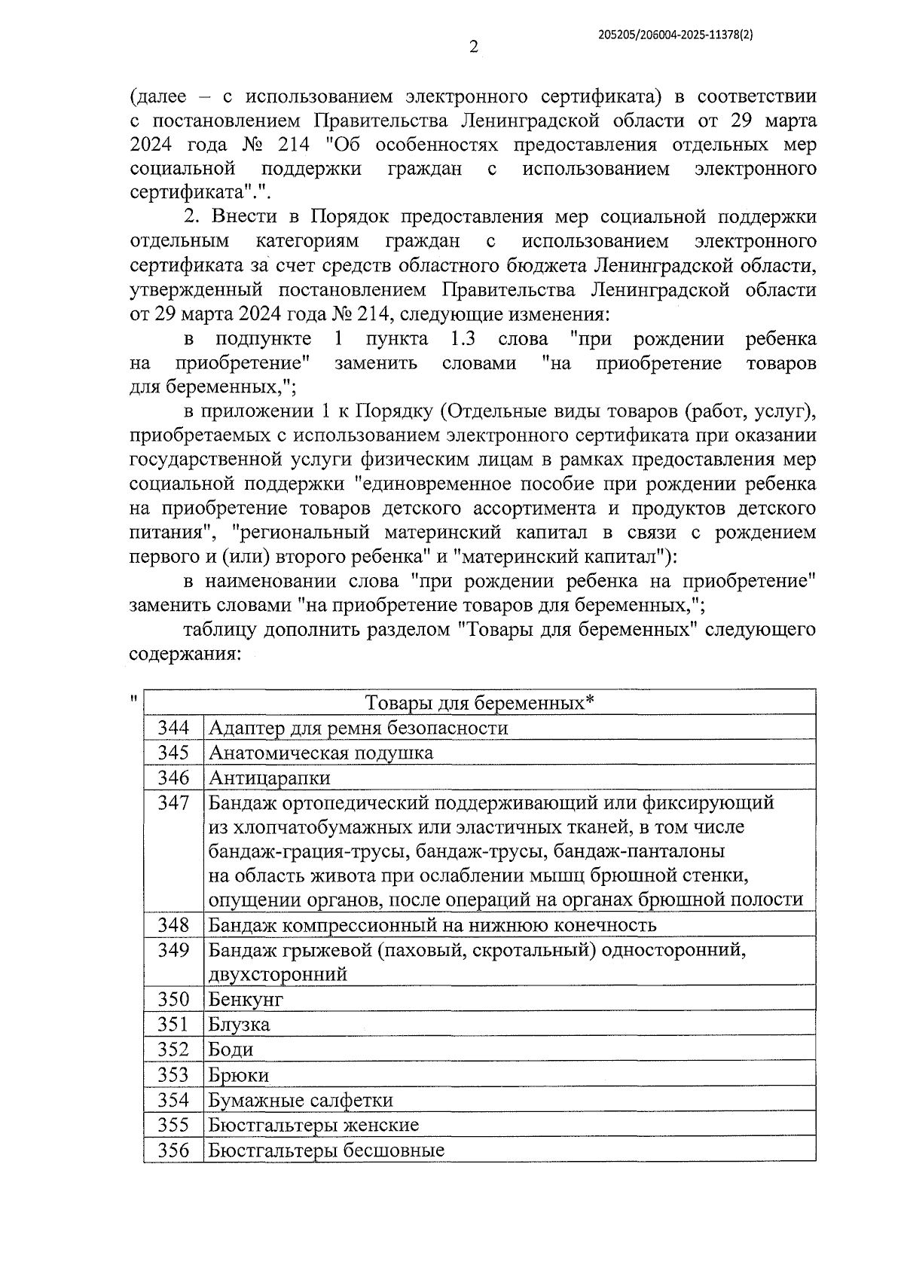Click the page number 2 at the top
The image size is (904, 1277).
(x=474, y=47)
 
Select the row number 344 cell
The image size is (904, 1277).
(x=173, y=728)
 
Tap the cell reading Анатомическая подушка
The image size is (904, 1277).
(x=321, y=753)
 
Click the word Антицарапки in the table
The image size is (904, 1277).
(x=270, y=778)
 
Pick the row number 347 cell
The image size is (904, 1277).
(x=173, y=803)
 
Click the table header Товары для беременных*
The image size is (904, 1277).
(x=480, y=703)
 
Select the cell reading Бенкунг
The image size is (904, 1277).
(x=246, y=999)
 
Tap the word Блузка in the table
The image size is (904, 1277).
(x=239, y=1025)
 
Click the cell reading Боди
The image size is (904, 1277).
(x=231, y=1049)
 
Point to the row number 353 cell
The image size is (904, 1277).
(x=173, y=1075)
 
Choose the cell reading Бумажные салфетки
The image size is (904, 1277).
(x=301, y=1100)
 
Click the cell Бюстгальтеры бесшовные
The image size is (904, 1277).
(x=326, y=1150)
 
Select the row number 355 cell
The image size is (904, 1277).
(x=173, y=1125)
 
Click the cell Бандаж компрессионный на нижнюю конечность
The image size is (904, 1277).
(x=432, y=924)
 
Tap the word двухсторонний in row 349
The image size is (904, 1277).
(x=278, y=974)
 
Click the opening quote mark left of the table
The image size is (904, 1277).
(x=133, y=698)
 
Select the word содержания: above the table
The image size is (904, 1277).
(x=185, y=653)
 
